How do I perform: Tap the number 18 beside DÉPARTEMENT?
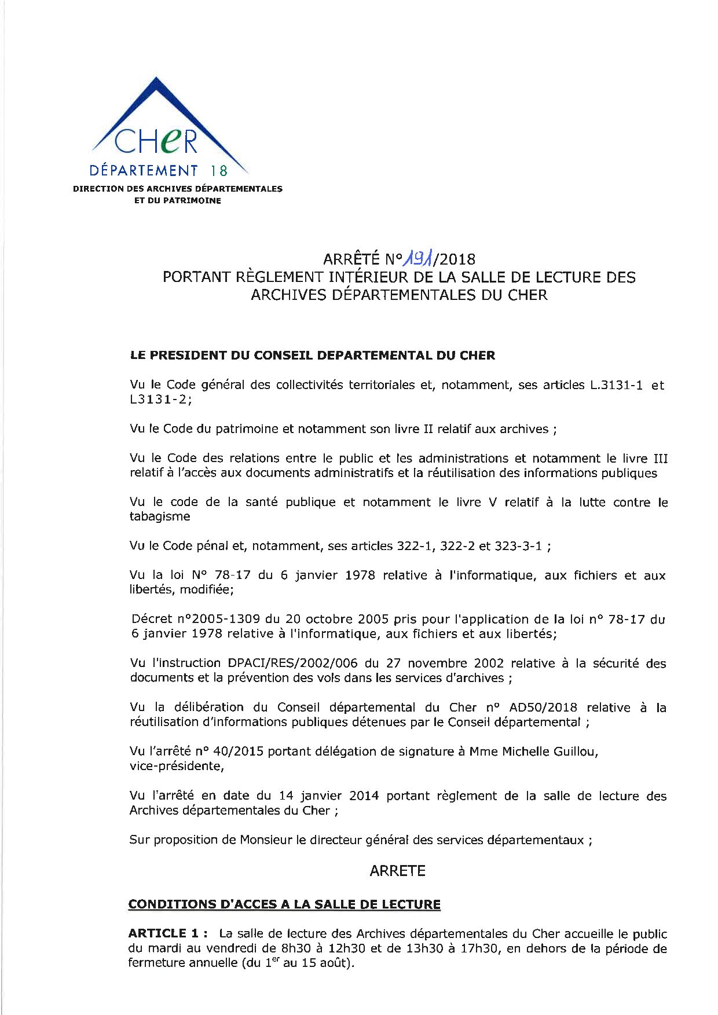(x=219, y=171)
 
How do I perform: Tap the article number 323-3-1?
(x=518, y=546)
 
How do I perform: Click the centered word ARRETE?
(x=397, y=871)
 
